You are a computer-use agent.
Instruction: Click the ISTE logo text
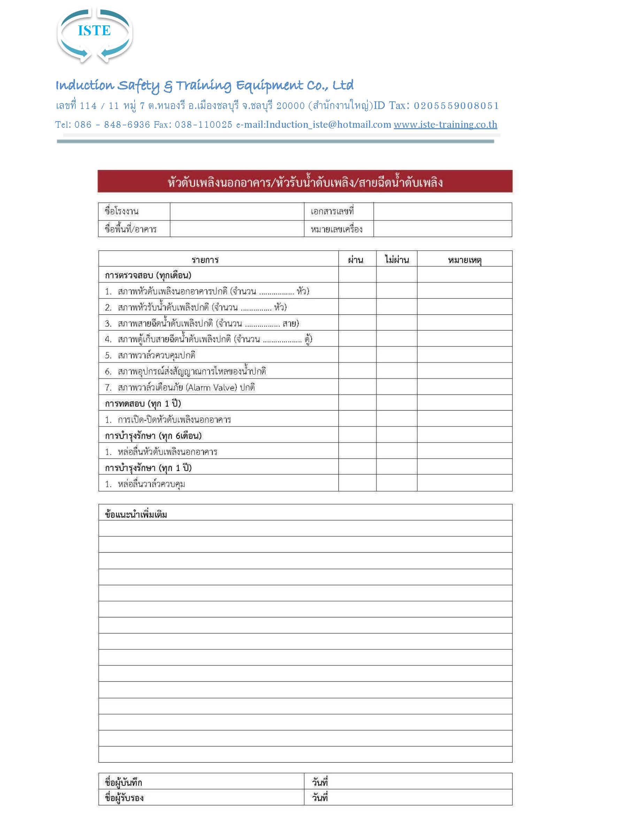coord(94,31)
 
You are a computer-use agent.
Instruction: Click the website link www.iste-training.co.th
coord(445,125)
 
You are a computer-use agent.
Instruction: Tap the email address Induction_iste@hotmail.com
coord(328,125)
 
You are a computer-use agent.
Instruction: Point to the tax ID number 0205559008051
coord(456,106)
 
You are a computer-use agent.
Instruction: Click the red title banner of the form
coord(305,182)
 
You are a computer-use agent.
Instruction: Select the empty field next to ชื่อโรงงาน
coord(237,211)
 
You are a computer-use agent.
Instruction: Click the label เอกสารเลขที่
coord(332,211)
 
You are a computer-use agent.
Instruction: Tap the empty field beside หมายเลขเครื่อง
coord(442,229)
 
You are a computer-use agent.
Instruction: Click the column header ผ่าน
coord(355,259)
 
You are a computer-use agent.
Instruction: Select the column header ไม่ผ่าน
coord(397,259)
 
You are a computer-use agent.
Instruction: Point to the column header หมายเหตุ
coord(465,259)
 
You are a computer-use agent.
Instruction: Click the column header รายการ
coord(205,259)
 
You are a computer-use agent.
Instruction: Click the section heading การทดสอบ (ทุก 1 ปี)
coord(143,404)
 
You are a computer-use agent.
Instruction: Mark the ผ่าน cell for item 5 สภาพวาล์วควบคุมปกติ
coord(357,355)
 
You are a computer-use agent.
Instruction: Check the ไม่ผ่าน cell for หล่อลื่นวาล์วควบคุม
coord(396,483)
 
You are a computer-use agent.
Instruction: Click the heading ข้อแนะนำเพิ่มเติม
coord(136,514)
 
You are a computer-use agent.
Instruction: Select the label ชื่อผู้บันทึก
coord(124,782)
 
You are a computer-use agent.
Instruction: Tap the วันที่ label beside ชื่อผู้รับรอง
coord(319,798)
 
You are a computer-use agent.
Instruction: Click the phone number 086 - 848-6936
coord(112,125)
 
